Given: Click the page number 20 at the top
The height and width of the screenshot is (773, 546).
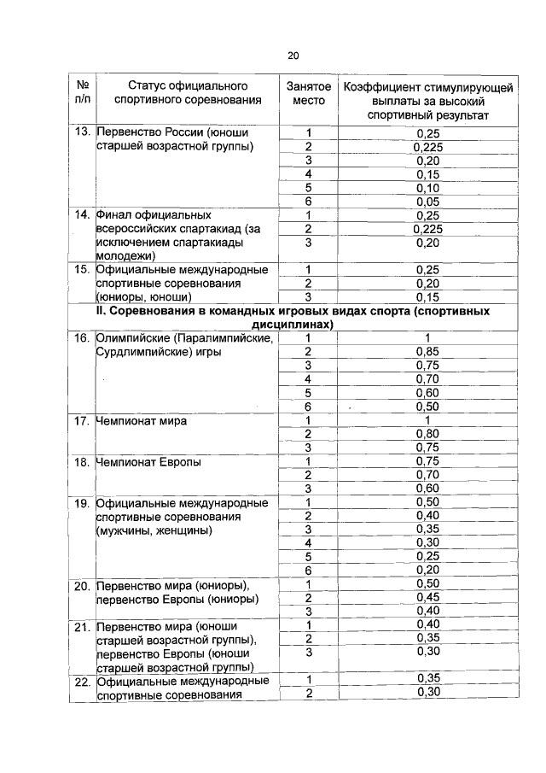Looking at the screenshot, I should coord(293,56).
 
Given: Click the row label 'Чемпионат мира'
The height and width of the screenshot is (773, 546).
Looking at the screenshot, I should coord(142,421).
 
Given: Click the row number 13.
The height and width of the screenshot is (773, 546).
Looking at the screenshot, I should coord(82,133).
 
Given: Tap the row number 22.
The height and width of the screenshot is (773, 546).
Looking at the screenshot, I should coord(82,681).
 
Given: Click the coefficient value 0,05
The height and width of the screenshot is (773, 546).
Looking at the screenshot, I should coord(427,201).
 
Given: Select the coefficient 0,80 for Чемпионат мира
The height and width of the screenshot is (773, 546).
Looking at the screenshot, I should coord(427,433).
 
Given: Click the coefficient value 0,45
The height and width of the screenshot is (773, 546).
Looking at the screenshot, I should coord(427,597).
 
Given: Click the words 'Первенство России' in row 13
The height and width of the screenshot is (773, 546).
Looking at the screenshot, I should coord(148,133).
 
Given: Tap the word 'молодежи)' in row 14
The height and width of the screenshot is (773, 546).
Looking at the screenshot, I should coord(126,255).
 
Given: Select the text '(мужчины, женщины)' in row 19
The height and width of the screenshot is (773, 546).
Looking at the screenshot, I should coord(154,530).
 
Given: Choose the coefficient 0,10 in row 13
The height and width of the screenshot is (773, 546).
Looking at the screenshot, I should coord(427,187).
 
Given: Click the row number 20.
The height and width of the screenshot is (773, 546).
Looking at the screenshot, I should coord(82,585).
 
